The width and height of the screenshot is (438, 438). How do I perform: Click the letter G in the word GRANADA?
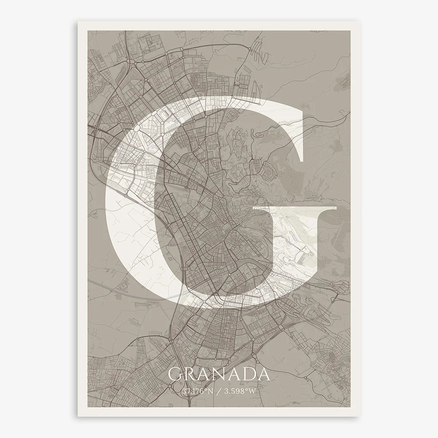[175, 374]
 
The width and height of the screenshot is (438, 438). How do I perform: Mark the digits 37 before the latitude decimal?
[185, 391]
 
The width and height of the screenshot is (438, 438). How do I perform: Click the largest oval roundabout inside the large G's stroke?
[137, 128]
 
